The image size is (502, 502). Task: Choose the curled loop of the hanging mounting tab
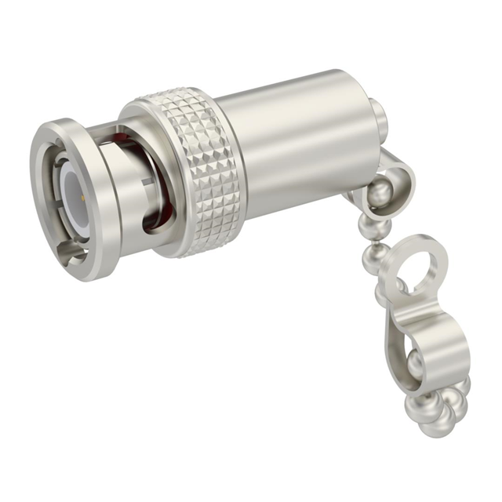click(x=439, y=345)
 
